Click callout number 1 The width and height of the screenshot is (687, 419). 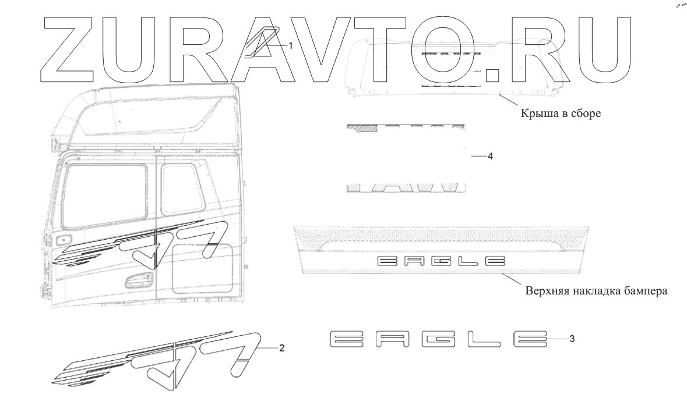[x=290, y=45]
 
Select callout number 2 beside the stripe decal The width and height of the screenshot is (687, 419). [x=281, y=349]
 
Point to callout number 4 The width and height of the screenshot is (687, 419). [x=490, y=157]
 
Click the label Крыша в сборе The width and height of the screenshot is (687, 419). [x=561, y=114]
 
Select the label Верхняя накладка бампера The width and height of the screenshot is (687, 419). [x=596, y=290]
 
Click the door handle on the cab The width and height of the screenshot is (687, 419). [x=139, y=279]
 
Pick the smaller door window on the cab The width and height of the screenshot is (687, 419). [x=182, y=188]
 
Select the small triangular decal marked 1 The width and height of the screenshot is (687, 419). [x=262, y=43]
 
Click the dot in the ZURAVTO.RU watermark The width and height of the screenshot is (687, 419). [x=493, y=75]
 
